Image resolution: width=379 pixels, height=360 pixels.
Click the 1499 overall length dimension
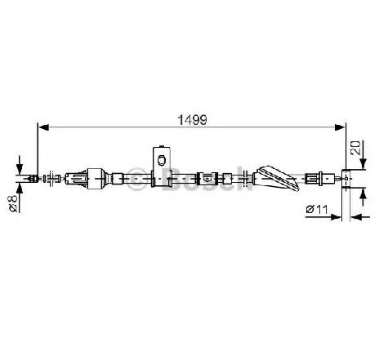click(192, 120)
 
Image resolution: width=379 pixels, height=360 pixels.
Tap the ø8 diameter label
click(13, 203)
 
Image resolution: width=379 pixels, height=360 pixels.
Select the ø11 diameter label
click(317, 210)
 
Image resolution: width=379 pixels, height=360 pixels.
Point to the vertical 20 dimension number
click(356, 148)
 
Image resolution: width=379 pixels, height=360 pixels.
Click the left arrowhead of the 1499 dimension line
click(44, 127)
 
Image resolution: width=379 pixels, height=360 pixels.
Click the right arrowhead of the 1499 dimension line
click(340, 127)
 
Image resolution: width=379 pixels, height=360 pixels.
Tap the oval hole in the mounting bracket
click(162, 160)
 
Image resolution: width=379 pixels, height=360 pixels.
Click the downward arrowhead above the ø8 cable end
click(20, 169)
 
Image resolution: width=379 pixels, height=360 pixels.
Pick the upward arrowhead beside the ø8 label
click(20, 189)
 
